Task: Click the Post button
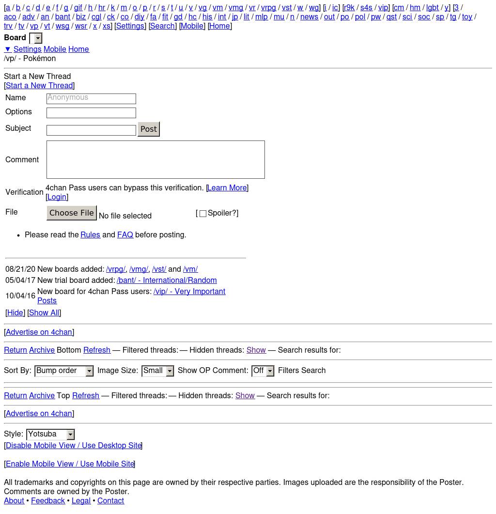(149, 129)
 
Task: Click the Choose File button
(72, 213)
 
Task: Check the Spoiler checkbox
(203, 214)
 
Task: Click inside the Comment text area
(155, 159)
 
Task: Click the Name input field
(91, 98)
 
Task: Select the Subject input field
(91, 130)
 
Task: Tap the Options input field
(91, 113)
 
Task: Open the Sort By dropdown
(64, 371)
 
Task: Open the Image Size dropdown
(157, 371)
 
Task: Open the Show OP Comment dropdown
(263, 371)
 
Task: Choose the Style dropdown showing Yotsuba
(50, 435)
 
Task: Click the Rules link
(90, 235)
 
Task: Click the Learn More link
(227, 188)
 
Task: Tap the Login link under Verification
(57, 197)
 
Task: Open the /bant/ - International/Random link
(167, 280)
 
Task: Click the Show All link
(44, 313)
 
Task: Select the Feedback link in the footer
(48, 501)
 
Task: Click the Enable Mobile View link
(70, 464)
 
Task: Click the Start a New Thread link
(39, 86)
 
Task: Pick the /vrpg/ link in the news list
(116, 269)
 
